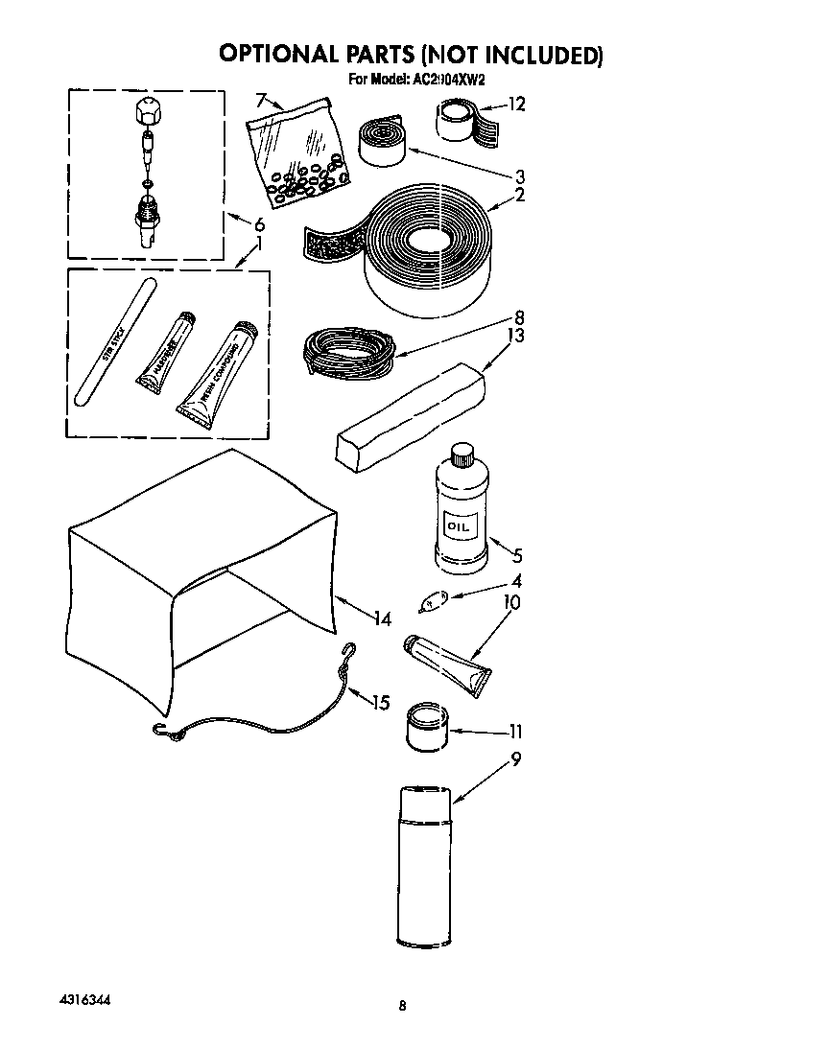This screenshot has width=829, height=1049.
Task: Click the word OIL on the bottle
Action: (457, 526)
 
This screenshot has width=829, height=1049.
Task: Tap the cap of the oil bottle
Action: (462, 451)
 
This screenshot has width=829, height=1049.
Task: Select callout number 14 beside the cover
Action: (383, 619)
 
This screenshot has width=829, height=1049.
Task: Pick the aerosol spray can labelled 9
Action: (423, 865)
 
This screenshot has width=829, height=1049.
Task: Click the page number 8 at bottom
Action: (403, 1006)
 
